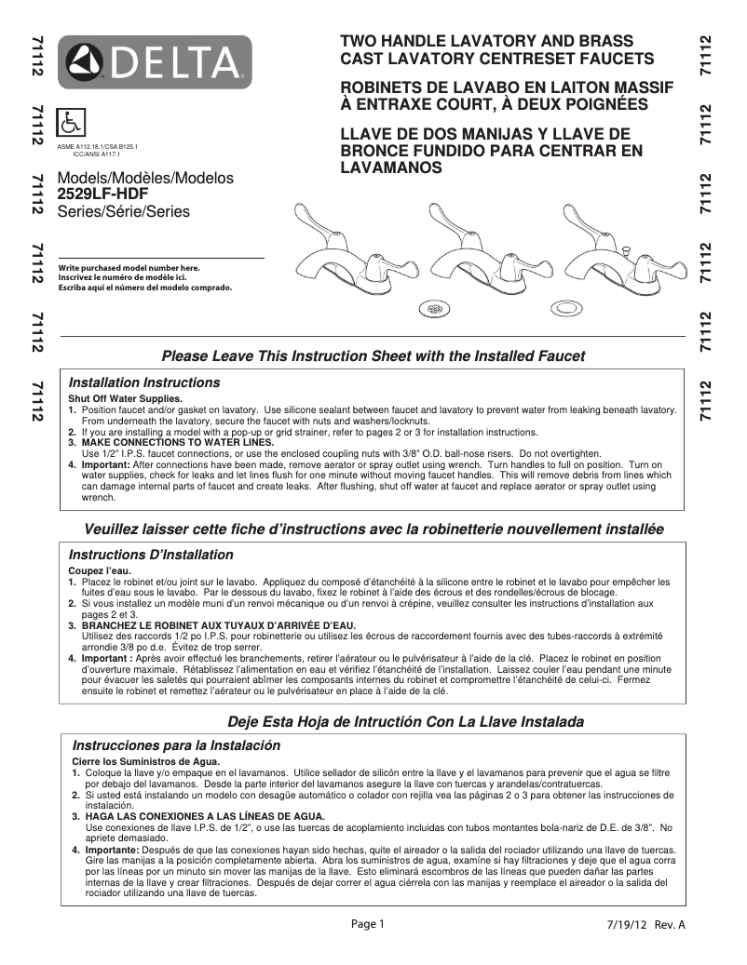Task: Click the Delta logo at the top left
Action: pyautogui.click(x=156, y=61)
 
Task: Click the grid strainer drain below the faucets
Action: pyautogui.click(x=432, y=306)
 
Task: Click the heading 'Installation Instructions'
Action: pyautogui.click(x=144, y=382)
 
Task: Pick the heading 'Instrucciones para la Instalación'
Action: pyautogui.click(x=176, y=745)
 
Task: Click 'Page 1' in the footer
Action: pyautogui.click(x=367, y=924)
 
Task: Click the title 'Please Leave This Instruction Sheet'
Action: pyautogui.click(x=373, y=355)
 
